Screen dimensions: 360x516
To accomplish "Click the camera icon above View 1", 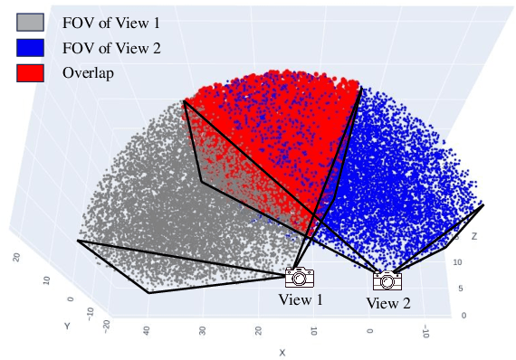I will [x=300, y=278].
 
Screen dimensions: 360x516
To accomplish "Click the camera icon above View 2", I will [x=387, y=280].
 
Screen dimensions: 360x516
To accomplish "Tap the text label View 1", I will [x=300, y=299].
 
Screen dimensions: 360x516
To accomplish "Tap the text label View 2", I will [x=387, y=303].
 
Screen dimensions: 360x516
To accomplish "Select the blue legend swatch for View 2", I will [x=30, y=47].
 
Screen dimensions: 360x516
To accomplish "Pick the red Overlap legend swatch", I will [x=30, y=72].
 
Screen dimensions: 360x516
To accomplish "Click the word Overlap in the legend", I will [x=88, y=73].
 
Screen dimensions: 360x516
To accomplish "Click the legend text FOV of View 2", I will [x=111, y=47].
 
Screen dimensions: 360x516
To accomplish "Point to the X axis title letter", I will [x=282, y=351].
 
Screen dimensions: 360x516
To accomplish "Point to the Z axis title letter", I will [x=474, y=236].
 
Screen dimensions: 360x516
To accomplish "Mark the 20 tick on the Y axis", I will [x=17, y=259].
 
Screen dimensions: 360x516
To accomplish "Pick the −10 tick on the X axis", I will [x=425, y=334].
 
